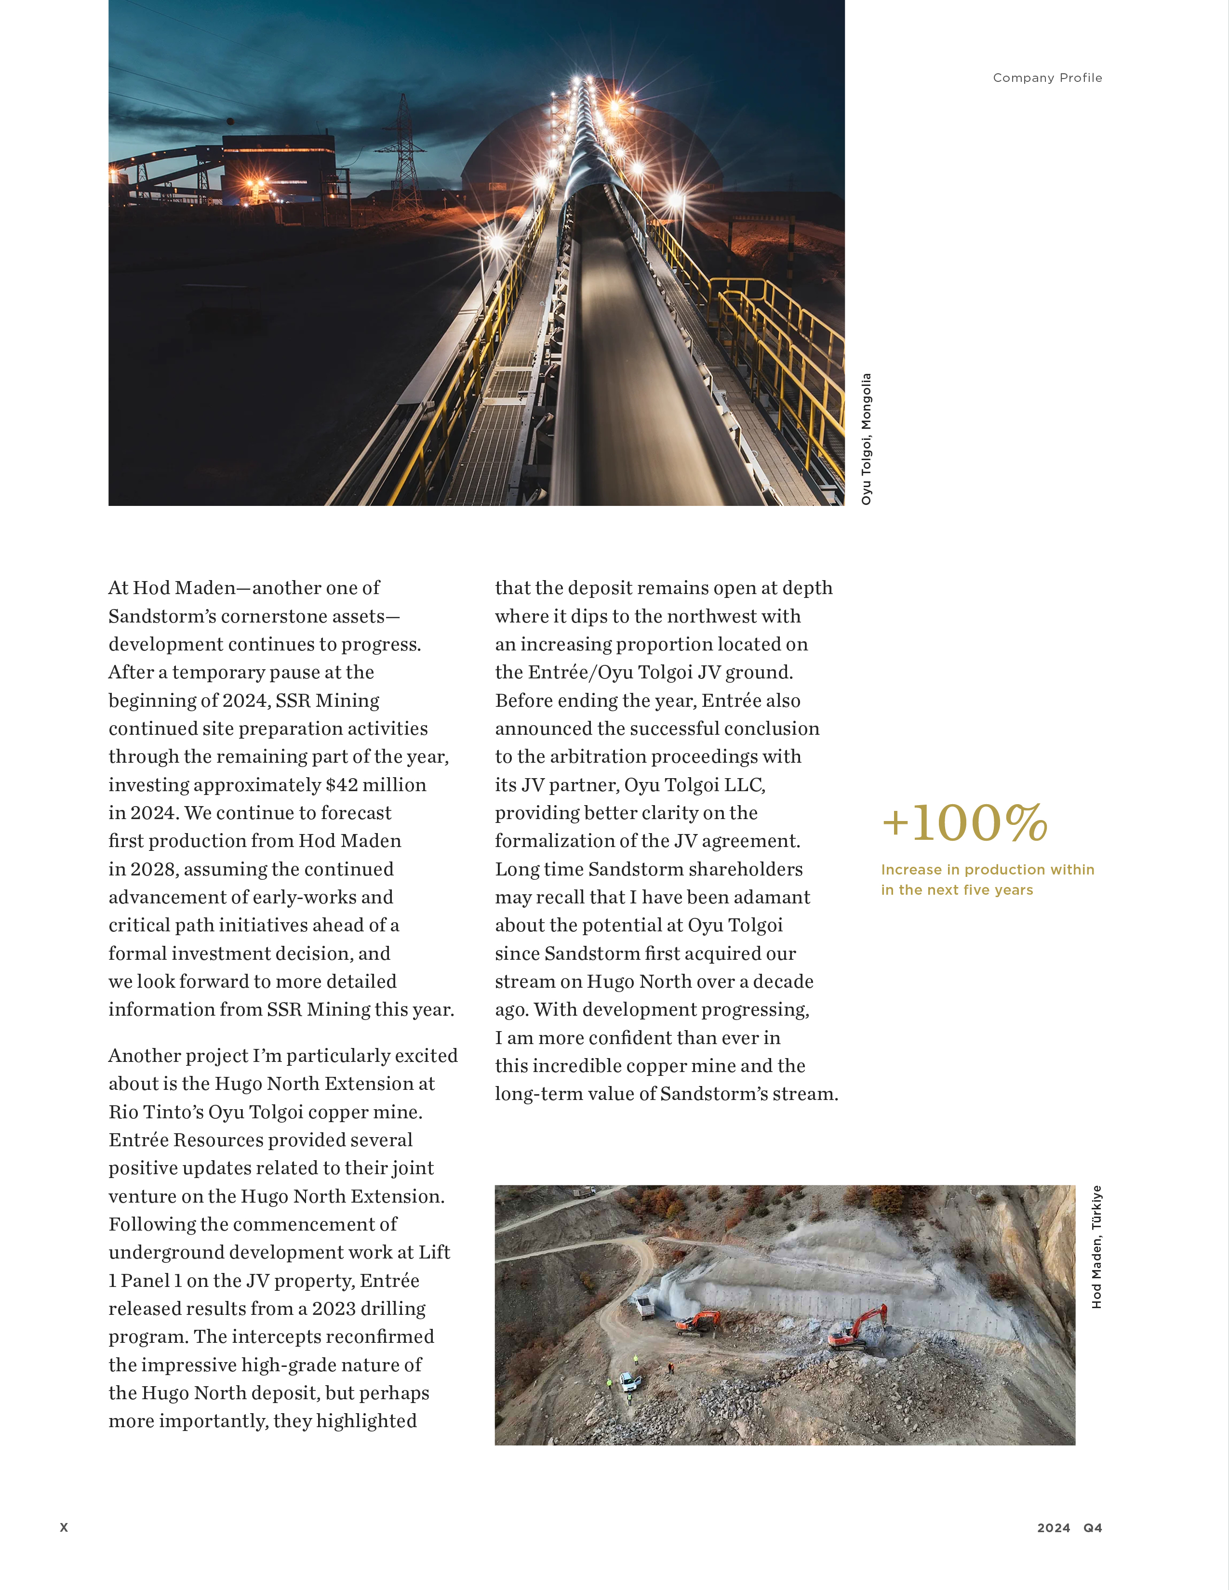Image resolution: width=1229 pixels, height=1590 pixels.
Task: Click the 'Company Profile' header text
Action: pos(1047,78)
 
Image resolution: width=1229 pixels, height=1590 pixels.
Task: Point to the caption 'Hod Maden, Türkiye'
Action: pos(1096,1247)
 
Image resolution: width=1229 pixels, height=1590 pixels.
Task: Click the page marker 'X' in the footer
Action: pos(64,1527)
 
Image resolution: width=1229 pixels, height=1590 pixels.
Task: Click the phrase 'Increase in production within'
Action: pos(987,869)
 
